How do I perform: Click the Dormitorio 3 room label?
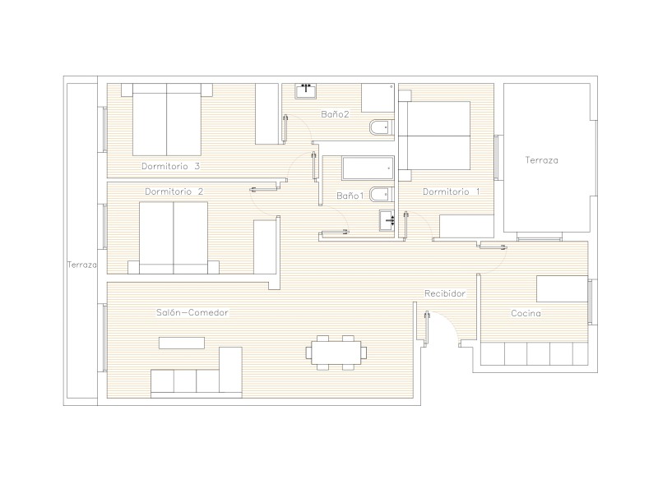coord(170,166)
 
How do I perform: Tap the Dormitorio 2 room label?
coord(174,191)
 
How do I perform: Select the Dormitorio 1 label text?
coord(451,191)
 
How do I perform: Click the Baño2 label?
coord(335,114)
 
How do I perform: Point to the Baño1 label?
coord(350,196)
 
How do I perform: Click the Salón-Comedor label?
coord(192,312)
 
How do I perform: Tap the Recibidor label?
coord(445,293)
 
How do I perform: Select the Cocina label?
coord(526,313)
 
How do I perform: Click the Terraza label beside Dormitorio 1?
coord(541,160)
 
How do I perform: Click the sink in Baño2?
coord(306,91)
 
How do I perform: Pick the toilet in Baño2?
coord(382,128)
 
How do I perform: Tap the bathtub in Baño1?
coord(368,168)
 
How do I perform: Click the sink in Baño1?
coord(387,220)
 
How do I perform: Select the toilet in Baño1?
coord(382,195)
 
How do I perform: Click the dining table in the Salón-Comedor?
coord(336,352)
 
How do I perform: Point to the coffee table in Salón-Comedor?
coord(182,343)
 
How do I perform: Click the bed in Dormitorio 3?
coord(167,119)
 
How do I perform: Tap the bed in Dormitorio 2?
coord(174,237)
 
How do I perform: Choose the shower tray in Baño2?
coord(378,98)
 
